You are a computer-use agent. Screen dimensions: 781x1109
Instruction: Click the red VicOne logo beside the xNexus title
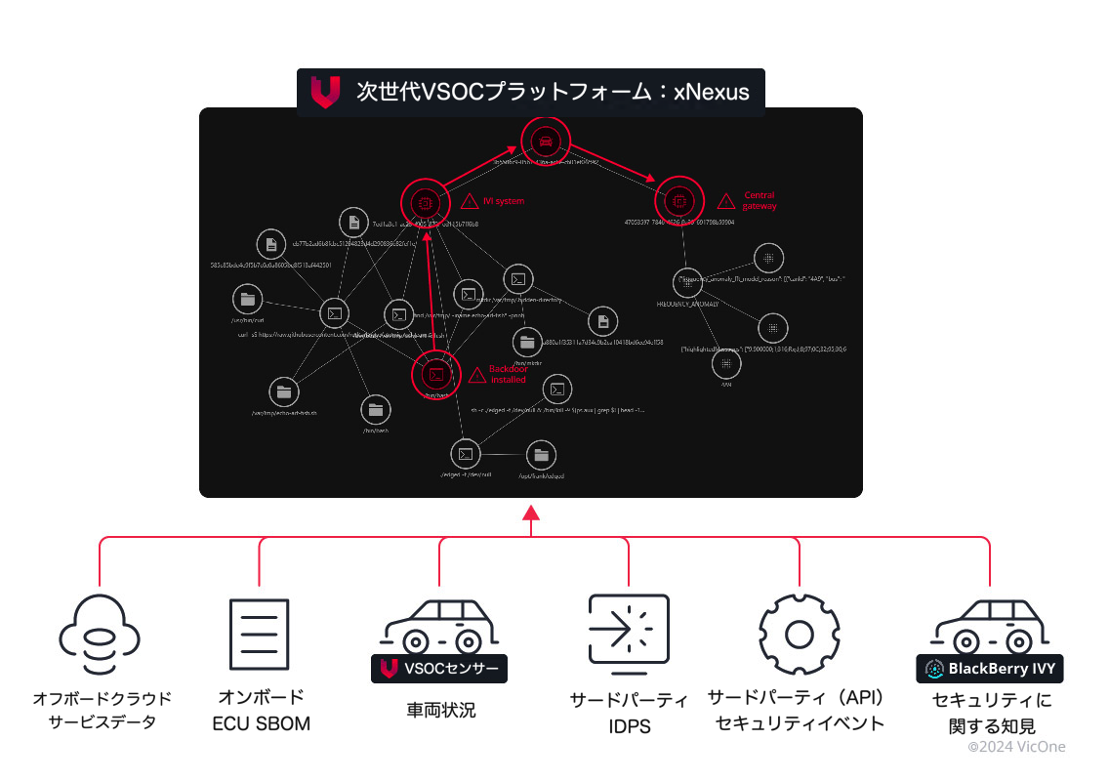coord(324,92)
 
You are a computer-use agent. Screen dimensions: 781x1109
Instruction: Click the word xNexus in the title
coord(712,93)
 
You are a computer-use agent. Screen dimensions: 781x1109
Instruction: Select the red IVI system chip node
coord(425,202)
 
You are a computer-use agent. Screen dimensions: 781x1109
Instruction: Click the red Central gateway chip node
coord(678,200)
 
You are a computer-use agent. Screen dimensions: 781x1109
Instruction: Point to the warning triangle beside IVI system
coord(470,201)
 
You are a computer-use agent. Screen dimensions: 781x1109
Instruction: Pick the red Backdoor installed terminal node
coord(436,374)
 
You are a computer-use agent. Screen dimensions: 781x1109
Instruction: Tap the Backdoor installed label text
coord(509,374)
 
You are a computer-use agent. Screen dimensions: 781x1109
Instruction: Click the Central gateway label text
coord(760,201)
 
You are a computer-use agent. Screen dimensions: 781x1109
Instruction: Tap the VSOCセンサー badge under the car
coord(439,669)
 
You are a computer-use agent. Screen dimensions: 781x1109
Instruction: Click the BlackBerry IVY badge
coord(990,669)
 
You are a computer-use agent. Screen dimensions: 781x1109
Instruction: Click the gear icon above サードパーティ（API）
coord(800,634)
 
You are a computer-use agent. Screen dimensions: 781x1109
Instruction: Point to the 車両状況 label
coord(441,711)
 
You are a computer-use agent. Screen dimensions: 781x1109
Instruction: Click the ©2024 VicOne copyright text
coord(1016,747)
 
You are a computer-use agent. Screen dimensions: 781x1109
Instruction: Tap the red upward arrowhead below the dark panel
coord(530,514)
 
